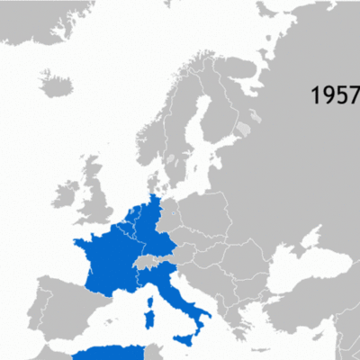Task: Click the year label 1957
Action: (335, 95)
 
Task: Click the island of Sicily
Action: (186, 338)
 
